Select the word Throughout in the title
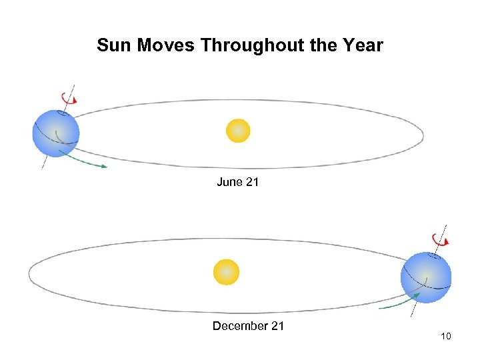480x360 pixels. [x=256, y=46]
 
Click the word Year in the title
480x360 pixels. [x=364, y=46]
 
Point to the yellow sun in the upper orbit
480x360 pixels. [x=238, y=131]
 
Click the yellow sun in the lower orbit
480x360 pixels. [x=226, y=272]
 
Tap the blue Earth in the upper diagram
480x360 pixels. [x=56, y=133]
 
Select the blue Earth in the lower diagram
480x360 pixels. [x=425, y=277]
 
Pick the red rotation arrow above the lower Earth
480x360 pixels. [x=441, y=239]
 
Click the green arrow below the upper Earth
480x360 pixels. [x=83, y=160]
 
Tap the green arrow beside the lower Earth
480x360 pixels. [x=397, y=303]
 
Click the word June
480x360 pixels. [x=229, y=182]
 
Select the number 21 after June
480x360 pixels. [x=252, y=182]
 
